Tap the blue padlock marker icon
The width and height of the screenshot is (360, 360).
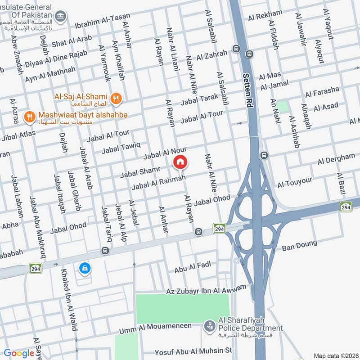(x=84, y=269)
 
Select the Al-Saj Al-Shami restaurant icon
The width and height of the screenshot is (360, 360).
(x=117, y=97)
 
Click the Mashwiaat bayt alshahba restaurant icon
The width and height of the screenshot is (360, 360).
(x=30, y=116)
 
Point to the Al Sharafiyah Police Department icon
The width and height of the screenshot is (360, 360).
(x=209, y=325)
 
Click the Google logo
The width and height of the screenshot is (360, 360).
(x=19, y=353)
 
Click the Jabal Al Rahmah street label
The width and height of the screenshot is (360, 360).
(x=158, y=182)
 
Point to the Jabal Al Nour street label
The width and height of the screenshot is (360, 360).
(x=165, y=153)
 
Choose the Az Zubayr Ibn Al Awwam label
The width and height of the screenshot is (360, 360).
(x=206, y=289)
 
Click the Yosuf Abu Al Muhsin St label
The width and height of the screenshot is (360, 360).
(x=193, y=350)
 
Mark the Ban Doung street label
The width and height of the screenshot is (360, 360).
(x=297, y=246)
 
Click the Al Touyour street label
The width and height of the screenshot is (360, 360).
(x=295, y=182)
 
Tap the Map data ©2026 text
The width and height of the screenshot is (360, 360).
(x=335, y=355)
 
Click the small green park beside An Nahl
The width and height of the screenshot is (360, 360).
(x=282, y=106)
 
